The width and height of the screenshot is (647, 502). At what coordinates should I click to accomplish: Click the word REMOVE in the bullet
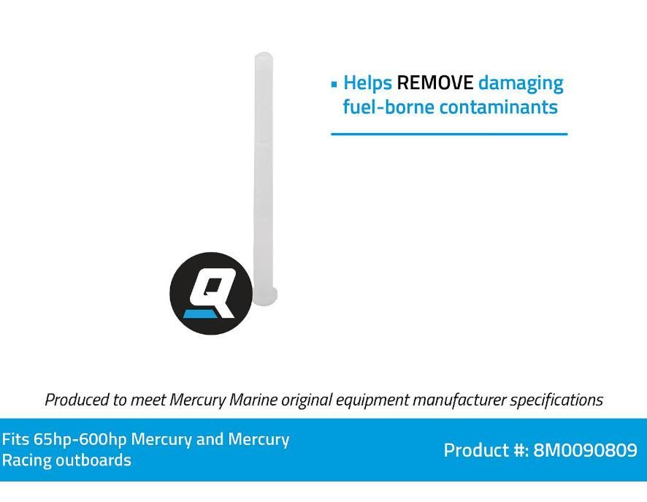click(x=434, y=83)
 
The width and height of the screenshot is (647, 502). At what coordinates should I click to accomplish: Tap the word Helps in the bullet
click(x=367, y=83)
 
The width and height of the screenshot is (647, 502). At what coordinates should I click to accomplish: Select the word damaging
click(x=521, y=83)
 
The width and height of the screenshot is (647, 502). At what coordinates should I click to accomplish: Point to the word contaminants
click(x=498, y=107)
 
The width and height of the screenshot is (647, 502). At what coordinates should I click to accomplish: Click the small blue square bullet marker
click(x=334, y=83)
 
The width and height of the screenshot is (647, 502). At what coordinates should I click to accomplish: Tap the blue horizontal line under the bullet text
click(x=449, y=134)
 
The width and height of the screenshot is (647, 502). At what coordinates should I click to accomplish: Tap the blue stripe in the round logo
click(x=200, y=314)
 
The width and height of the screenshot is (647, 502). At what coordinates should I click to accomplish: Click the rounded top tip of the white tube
click(x=264, y=56)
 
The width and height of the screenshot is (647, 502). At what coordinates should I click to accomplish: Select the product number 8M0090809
click(x=585, y=450)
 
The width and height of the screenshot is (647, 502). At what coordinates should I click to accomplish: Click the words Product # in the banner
click(x=486, y=450)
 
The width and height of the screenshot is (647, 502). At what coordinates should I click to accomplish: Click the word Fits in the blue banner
click(x=15, y=440)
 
